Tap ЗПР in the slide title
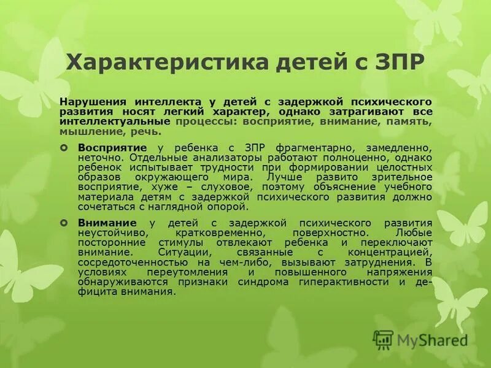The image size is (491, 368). tap(398, 63)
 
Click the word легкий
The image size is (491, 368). tap(212, 112)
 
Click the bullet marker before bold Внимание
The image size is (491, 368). tap(64, 224)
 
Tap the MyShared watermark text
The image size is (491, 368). tap(432, 339)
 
